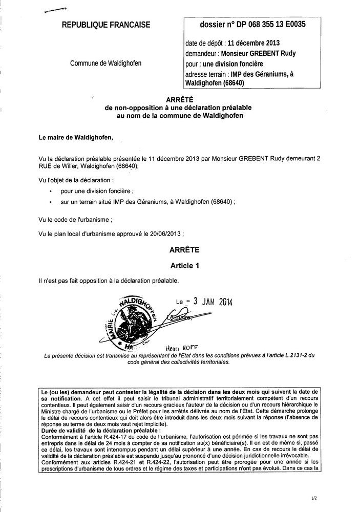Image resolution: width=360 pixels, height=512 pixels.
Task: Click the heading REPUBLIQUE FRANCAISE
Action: click(106, 25)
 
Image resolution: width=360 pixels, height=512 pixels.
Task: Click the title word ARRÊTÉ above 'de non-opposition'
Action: click(181, 101)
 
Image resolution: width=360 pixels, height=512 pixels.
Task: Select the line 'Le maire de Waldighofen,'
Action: click(73, 137)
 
